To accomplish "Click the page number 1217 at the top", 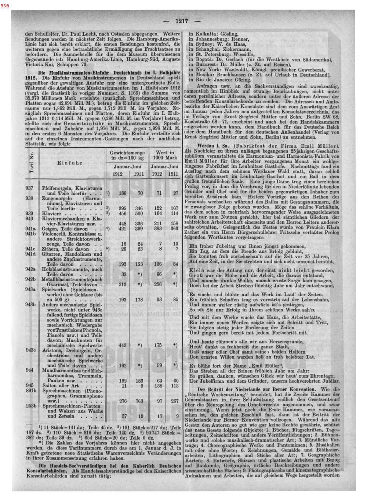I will point(182,21).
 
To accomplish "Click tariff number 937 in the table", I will point(30,188).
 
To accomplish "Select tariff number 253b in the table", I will point(31,406).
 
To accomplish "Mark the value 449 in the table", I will point(123,345).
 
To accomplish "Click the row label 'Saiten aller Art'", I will point(61,386).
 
